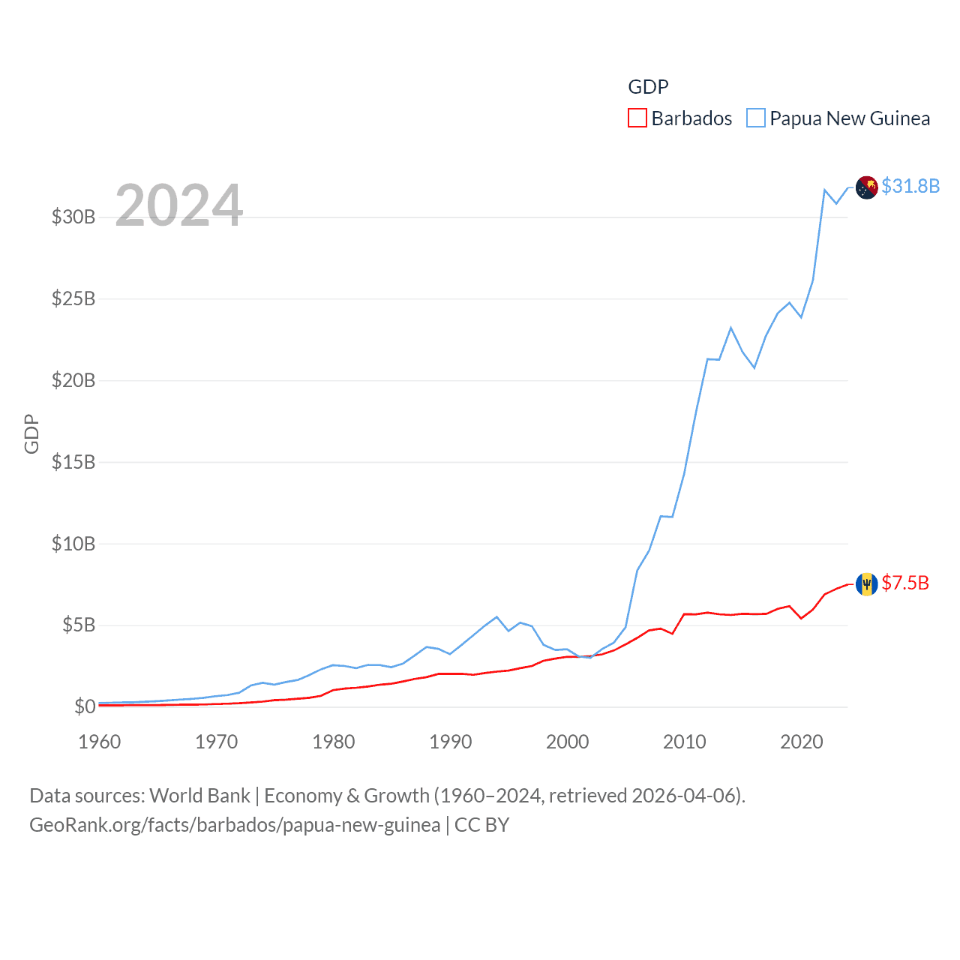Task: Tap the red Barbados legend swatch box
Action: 637,118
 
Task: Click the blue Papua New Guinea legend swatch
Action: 756,118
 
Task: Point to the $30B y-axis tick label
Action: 73,217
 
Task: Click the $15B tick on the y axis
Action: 73,462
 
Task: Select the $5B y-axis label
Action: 78,625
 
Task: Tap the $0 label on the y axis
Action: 85,706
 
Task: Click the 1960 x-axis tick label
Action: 100,742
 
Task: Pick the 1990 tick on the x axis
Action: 451,742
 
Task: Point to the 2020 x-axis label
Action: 802,742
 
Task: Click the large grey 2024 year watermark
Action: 178,205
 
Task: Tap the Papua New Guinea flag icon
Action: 867,187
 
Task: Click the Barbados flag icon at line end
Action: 867,583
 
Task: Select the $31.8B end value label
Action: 910,186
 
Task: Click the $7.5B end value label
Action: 905,583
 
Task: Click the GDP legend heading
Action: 648,87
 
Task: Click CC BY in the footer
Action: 482,825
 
